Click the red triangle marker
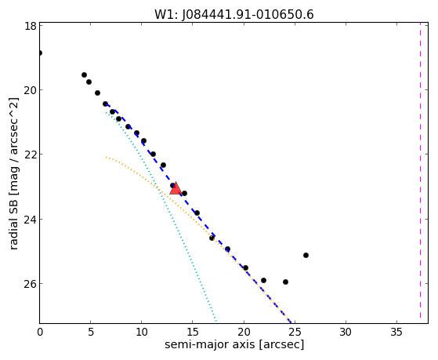tap(176, 188)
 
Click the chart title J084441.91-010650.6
tap(234, 15)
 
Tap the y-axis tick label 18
tap(30, 26)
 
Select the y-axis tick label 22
tap(30, 155)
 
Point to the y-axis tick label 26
tap(30, 283)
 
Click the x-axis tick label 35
tap(396, 333)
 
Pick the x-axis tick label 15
tap(193, 333)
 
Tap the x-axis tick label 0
tap(40, 333)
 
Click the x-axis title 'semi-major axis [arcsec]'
tap(234, 344)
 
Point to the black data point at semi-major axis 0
tap(40, 53)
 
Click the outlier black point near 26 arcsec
tap(306, 255)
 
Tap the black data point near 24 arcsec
tap(285, 282)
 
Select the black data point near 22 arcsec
tap(263, 280)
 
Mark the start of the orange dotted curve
tap(106, 157)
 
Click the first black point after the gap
tap(84, 75)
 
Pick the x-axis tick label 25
tap(295, 333)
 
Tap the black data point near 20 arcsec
tap(245, 267)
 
